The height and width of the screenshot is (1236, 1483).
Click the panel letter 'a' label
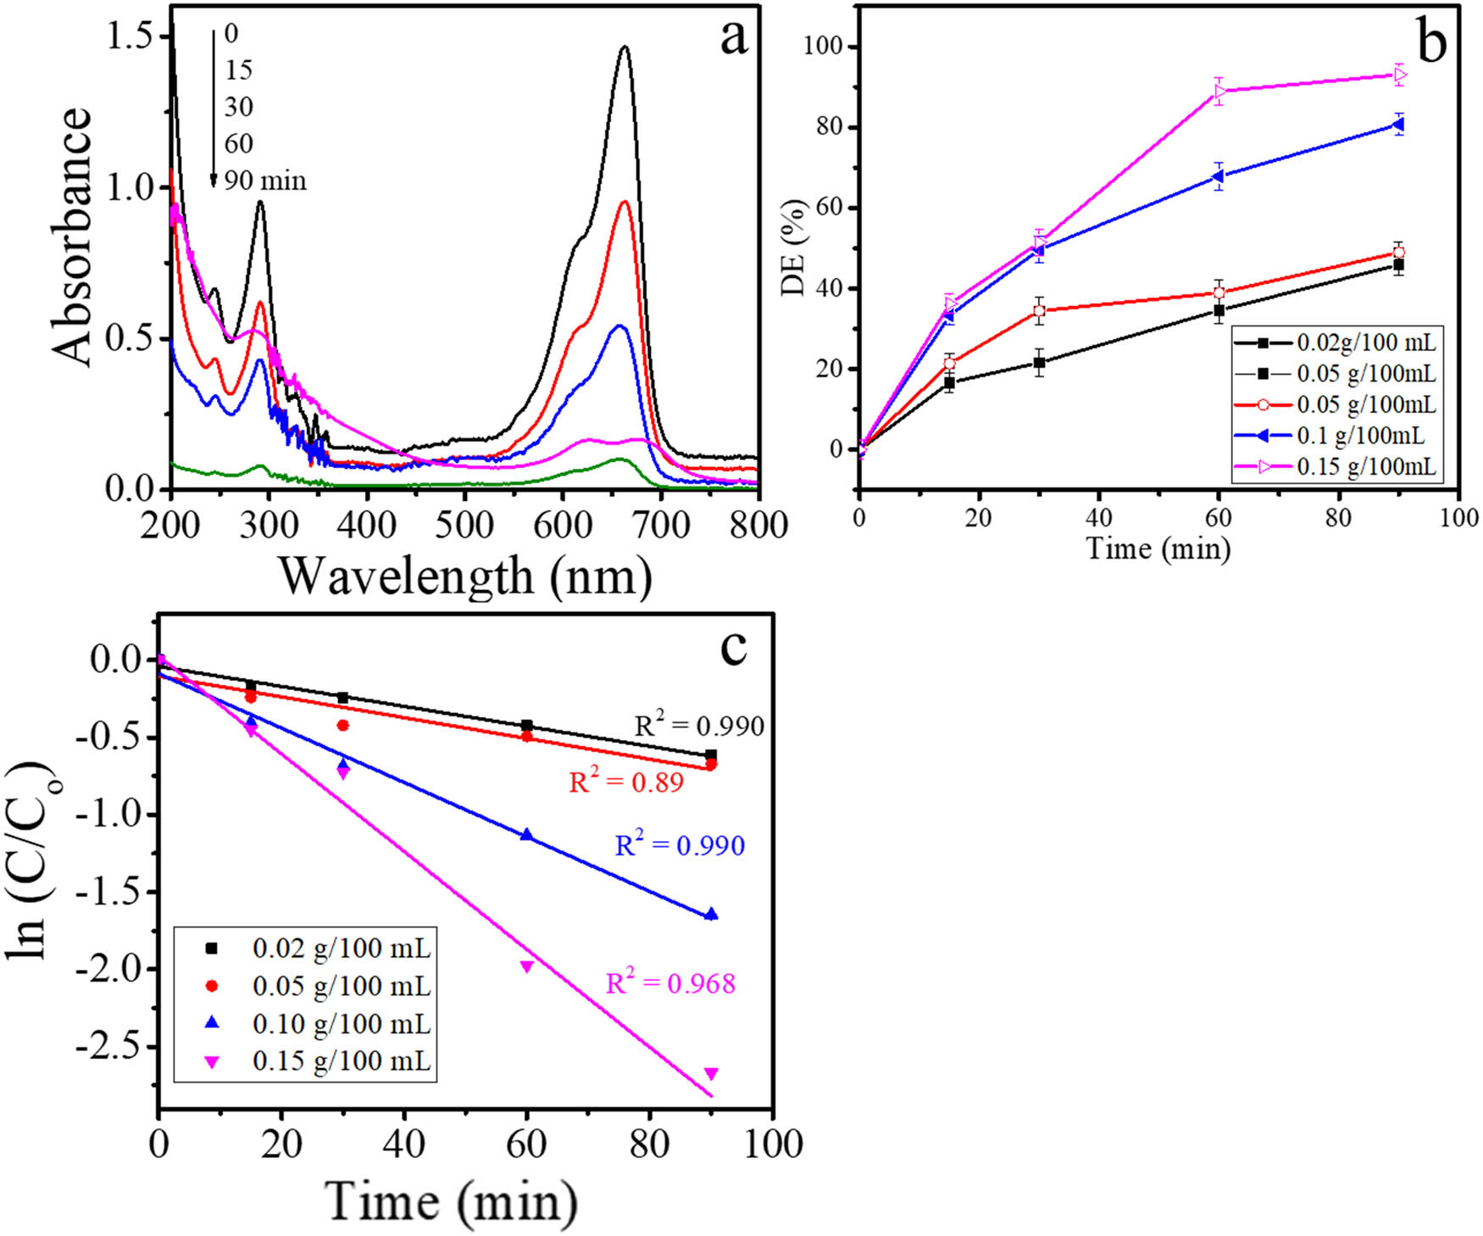click(734, 39)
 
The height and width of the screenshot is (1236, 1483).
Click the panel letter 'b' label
click(1431, 42)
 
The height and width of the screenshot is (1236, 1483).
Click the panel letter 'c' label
click(733, 648)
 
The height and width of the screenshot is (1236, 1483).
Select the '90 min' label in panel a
click(265, 181)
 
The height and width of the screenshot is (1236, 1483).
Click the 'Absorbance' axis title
click(71, 237)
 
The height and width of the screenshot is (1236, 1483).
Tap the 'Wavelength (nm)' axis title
click(465, 576)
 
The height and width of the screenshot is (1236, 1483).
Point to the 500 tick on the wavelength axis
click(464, 526)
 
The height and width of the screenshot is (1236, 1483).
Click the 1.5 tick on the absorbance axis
click(139, 36)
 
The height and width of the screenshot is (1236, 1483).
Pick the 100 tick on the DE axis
click(825, 47)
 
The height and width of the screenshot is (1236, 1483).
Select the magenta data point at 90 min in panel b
click(1399, 75)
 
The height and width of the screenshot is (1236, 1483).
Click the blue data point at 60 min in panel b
click(1219, 176)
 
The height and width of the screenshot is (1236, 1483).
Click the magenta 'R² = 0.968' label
click(670, 983)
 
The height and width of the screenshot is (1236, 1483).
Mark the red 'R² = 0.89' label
click(626, 782)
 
